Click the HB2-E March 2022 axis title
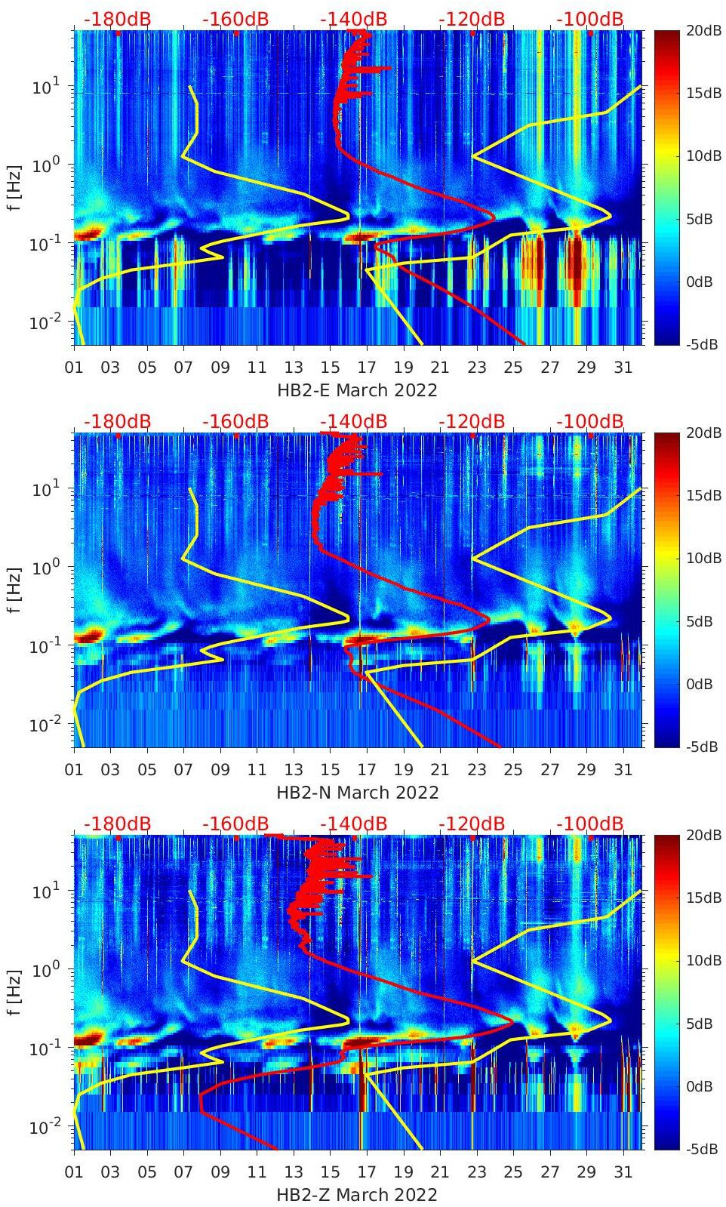click(x=357, y=390)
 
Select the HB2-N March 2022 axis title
click(x=357, y=793)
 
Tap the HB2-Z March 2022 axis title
click(x=357, y=1195)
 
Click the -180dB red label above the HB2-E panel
click(x=117, y=19)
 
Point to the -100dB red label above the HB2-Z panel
click(x=590, y=824)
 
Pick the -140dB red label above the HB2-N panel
click(x=353, y=421)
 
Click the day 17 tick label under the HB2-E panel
click(x=367, y=368)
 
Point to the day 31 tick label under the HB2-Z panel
click(x=623, y=1172)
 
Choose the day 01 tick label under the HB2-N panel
click(x=74, y=770)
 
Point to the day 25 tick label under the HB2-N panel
click(x=513, y=770)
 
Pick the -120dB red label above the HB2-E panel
click(x=472, y=19)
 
